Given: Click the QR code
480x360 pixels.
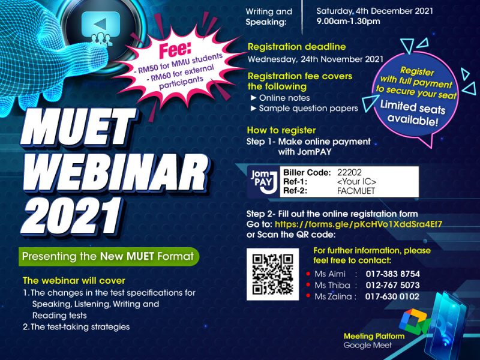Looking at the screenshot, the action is click(272, 274).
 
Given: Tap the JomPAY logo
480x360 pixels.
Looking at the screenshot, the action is click(264, 182).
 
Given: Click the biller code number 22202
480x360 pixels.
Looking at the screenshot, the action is click(349, 172).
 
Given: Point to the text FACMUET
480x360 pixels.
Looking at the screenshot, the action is click(356, 191).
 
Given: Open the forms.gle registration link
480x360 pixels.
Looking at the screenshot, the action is click(358, 224).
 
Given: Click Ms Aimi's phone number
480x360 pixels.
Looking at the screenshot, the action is click(393, 274).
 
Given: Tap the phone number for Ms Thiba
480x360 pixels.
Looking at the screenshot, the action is click(393, 285).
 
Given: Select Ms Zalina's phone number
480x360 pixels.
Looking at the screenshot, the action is click(392, 296).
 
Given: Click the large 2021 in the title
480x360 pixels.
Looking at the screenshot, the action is click(72, 217).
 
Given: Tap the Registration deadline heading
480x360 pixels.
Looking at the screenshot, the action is click(296, 47).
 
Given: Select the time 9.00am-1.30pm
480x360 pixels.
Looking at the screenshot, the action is click(348, 22).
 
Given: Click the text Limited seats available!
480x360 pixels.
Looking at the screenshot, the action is click(413, 113).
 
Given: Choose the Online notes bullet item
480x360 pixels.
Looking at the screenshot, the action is click(280, 98).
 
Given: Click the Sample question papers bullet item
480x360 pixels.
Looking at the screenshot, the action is click(304, 109).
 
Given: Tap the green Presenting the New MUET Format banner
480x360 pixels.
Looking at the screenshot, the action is click(109, 256).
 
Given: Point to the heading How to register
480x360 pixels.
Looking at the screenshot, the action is click(281, 130).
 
